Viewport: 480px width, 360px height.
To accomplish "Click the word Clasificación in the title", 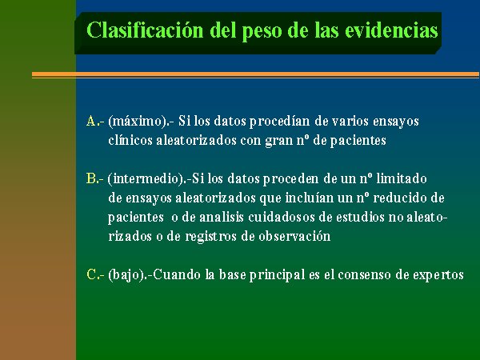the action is pyautogui.click(x=145, y=30).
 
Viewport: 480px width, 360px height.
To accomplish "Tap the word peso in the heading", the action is pyautogui.click(x=262, y=32).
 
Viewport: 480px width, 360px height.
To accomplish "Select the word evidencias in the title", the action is pyautogui.click(x=391, y=30).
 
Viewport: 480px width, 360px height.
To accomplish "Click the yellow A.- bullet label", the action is pyautogui.click(x=95, y=122).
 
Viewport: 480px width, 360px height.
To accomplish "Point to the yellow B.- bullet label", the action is pyautogui.click(x=95, y=178).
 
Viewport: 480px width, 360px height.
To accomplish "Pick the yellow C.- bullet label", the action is pyautogui.click(x=95, y=274).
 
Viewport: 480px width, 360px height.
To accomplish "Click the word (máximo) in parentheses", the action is pyautogui.click(x=137, y=122).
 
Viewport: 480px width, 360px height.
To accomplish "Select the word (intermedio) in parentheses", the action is pyautogui.click(x=145, y=178).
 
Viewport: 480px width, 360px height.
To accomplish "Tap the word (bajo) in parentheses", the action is pyautogui.click(x=126, y=274).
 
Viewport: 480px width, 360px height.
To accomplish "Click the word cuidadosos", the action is pyautogui.click(x=282, y=217).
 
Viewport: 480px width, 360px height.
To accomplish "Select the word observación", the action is pyautogui.click(x=294, y=236).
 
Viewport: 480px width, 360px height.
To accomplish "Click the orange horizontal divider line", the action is pyautogui.click(x=255, y=74).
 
